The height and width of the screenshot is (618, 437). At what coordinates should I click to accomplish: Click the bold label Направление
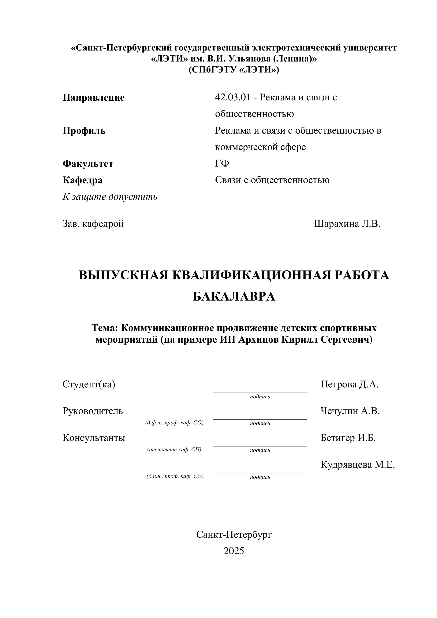coord(93,97)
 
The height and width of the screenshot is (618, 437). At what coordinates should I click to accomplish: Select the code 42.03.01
coord(232,97)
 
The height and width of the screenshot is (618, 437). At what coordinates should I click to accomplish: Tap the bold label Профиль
coord(84,131)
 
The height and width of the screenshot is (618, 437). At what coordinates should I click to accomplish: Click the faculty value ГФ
coord(222,163)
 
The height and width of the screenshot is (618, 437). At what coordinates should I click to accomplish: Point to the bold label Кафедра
coord(82,180)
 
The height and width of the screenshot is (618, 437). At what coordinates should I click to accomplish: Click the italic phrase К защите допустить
coord(110,197)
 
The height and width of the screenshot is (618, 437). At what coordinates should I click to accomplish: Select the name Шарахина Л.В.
coord(347,224)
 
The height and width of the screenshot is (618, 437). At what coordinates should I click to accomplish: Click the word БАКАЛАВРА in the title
coord(234,297)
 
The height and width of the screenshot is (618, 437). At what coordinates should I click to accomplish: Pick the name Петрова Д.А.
coord(349,384)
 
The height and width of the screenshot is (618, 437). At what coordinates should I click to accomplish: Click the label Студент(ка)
coord(89,384)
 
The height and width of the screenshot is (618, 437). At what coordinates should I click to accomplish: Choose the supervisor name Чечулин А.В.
coord(350,411)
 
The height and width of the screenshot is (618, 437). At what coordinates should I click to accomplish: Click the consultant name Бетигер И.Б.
coord(348,438)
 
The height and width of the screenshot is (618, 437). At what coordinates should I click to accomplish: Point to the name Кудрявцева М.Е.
coord(357,465)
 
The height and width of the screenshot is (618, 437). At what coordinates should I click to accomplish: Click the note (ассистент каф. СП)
coord(174,450)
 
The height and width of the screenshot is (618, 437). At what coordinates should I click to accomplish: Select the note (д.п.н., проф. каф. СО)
coord(175,476)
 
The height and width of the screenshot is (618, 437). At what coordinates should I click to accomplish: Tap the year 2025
coord(234,551)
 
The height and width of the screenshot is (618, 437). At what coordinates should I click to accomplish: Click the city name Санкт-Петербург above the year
coord(234,535)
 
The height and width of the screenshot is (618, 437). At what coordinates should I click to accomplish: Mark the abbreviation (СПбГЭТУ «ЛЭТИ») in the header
coord(234,70)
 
